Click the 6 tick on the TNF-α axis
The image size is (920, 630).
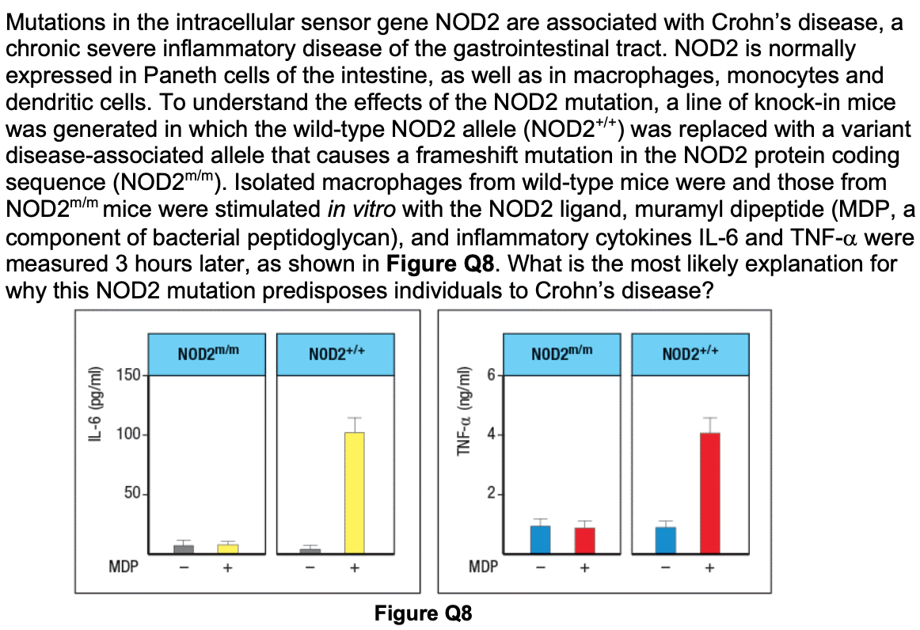point(491,374)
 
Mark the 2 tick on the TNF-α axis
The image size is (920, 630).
point(491,495)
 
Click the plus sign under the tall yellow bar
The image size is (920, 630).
point(355,567)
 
